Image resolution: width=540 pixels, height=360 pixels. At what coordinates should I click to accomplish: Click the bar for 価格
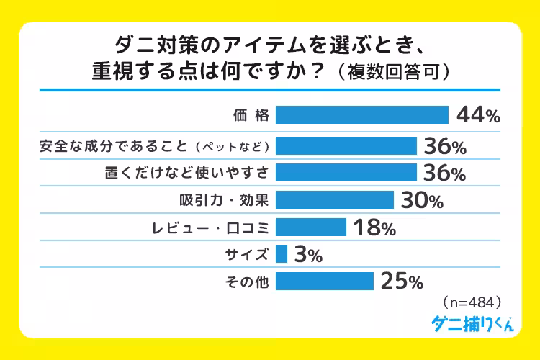point(362,115)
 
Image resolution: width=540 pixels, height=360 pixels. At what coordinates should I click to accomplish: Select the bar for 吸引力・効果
point(334,199)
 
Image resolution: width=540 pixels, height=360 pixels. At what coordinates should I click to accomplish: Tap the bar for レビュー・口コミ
point(311,227)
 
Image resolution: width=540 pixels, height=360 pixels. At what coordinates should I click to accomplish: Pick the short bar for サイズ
point(282,253)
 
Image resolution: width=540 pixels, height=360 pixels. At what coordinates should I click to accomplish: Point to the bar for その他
point(324,281)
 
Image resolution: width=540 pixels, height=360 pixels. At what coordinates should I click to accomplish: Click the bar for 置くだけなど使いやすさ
point(346,173)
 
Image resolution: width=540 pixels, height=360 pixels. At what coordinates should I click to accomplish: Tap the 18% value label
point(374,228)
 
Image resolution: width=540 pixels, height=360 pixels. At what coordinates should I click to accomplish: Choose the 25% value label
point(401,282)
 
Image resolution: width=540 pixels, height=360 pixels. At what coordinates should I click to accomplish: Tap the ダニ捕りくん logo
point(472,324)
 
